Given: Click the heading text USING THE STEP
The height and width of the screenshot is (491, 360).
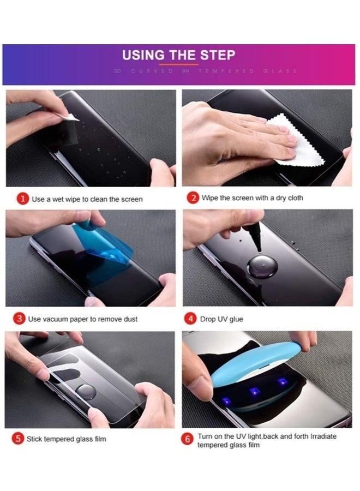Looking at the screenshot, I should point(178,55).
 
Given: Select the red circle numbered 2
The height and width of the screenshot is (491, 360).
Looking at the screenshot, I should point(193,198).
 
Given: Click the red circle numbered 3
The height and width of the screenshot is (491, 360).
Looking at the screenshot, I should point(20,319).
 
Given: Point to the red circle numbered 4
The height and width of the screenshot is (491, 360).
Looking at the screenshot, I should point(191,319).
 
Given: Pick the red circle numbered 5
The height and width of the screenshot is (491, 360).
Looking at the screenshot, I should point(19,439).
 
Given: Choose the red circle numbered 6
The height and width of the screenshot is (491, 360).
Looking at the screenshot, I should point(189,440).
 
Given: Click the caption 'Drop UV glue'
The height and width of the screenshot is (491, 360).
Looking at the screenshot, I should point(221,319).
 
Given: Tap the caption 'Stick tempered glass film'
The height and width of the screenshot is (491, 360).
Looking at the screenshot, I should point(66,439).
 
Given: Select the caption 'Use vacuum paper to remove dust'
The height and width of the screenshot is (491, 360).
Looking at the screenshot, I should point(82,319).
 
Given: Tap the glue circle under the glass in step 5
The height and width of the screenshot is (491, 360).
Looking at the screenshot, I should point(85,392).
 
